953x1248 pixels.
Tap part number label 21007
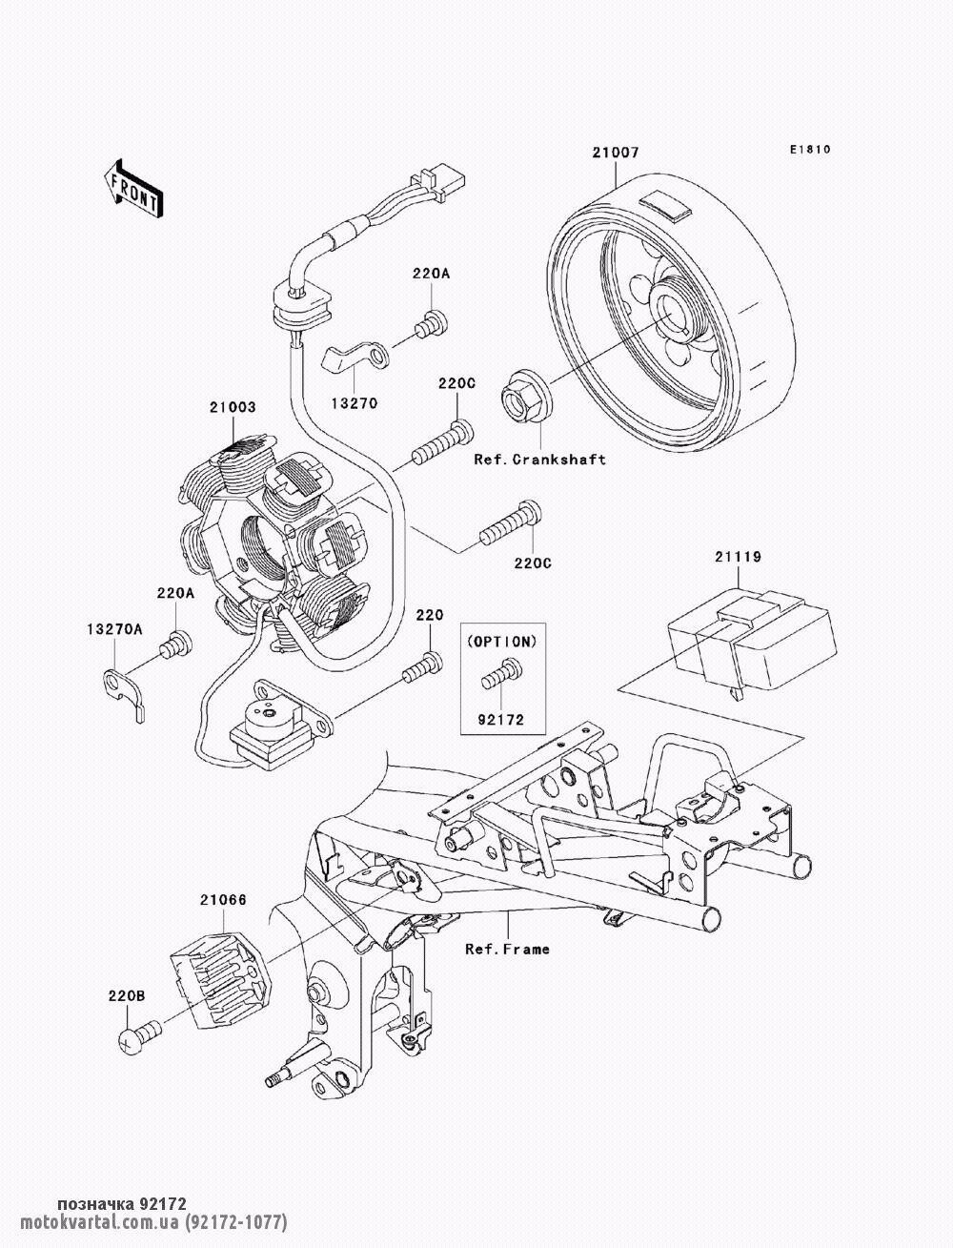coord(615,153)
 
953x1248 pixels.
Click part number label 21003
coord(233,407)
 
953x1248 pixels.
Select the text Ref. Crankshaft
coord(539,460)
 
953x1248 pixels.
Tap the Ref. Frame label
coord(507,949)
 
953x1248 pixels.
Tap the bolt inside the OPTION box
coord(499,675)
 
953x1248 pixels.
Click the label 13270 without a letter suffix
coord(355,402)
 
